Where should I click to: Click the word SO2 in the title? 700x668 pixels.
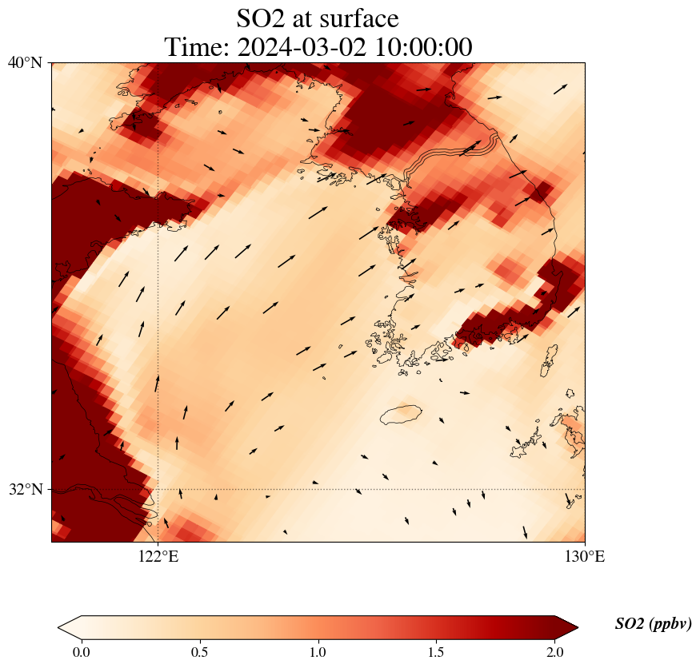264,18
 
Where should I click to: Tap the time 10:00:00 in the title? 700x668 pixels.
422,47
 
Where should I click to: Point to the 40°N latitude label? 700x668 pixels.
25,62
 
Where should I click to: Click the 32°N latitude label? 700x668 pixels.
25,489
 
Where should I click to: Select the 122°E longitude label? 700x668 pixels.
158,556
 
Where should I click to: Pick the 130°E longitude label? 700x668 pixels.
585,556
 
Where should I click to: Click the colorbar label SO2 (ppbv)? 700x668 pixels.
653,624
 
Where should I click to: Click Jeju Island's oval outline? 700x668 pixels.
401,415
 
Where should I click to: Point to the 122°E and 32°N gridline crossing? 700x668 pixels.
158,489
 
